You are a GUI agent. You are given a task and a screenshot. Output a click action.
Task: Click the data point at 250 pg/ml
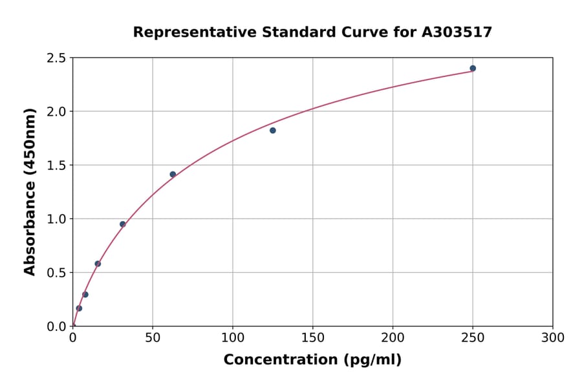[473, 69]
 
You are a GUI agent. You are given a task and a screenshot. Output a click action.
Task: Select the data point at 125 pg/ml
[273, 131]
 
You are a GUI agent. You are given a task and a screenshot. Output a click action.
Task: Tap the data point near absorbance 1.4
[173, 175]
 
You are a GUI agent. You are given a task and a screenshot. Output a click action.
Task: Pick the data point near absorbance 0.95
[123, 224]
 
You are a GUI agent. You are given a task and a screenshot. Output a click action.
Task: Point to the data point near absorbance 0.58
[98, 264]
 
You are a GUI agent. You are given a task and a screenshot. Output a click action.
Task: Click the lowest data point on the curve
[79, 308]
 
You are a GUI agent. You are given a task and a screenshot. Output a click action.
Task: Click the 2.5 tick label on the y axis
[57, 58]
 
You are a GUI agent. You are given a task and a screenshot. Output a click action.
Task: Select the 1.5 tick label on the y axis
[57, 165]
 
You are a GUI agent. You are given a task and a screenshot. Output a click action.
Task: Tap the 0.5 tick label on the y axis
[57, 273]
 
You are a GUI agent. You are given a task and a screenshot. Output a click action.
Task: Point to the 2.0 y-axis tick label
[57, 112]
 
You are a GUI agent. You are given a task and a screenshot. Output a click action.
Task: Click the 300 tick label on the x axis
[553, 337]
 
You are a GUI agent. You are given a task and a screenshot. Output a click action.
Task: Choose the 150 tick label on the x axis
[313, 337]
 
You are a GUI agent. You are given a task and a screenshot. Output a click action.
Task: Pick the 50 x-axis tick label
[153, 337]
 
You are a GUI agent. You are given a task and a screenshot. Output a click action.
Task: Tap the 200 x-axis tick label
[393, 337]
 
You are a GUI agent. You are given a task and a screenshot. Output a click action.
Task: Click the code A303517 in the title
[457, 32]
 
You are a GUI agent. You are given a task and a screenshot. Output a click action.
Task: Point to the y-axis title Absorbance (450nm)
[30, 191]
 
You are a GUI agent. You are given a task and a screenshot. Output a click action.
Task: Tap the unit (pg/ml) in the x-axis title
[373, 360]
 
